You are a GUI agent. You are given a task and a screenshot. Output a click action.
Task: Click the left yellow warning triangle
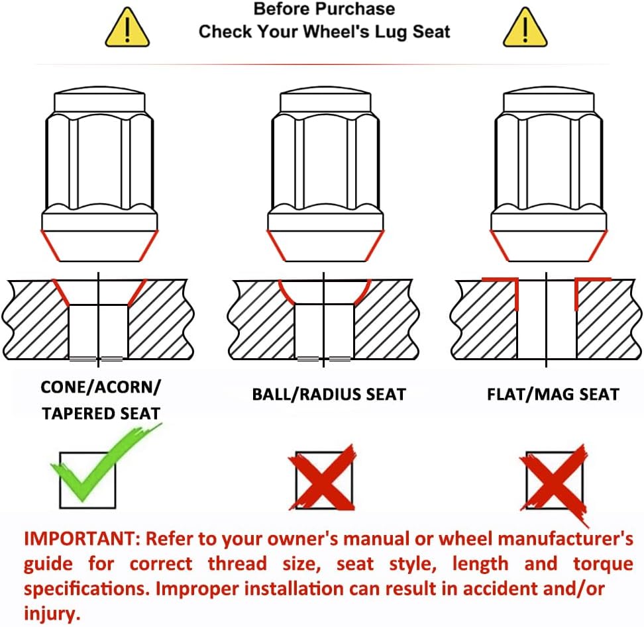127,28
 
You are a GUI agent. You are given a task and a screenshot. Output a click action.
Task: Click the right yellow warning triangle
525,28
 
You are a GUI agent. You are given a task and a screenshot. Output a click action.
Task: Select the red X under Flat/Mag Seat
555,482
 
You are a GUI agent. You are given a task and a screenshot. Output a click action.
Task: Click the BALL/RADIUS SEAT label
329,395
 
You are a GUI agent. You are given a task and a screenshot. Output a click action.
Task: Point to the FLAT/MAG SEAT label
553,395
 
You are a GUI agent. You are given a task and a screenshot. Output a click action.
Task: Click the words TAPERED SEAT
101,414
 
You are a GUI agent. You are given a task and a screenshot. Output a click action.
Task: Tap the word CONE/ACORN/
101,387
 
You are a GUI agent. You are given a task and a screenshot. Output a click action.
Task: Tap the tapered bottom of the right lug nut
549,246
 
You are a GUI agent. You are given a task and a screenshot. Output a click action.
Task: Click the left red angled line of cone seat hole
61,293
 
